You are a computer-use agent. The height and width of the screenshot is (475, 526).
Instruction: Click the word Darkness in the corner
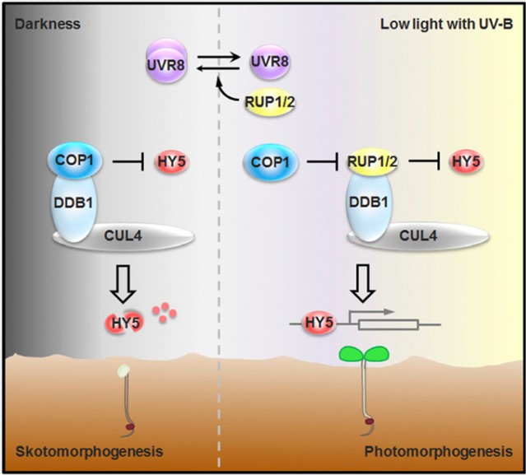coord(47,23)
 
